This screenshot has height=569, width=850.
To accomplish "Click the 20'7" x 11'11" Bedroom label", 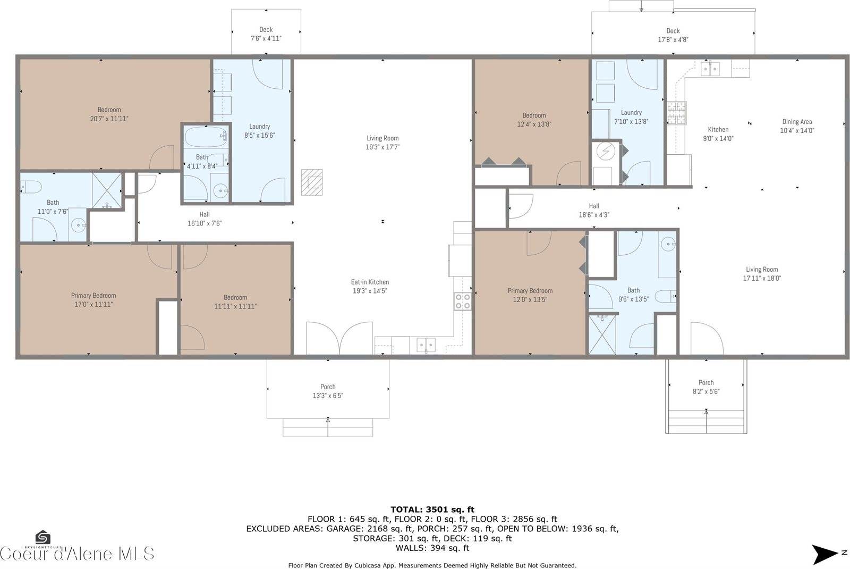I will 109,114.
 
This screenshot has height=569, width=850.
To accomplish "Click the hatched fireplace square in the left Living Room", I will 311,182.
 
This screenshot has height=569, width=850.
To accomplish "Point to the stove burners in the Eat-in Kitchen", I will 463,302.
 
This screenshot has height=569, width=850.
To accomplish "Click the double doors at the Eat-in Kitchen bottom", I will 339,338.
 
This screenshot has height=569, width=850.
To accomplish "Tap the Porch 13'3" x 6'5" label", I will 328,391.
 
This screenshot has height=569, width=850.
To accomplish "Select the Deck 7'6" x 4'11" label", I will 266,34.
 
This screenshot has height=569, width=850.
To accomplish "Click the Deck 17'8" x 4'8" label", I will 673,35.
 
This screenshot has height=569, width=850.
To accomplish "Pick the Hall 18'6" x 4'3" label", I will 594,211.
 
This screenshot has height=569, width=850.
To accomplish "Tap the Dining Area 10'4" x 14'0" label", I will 797,126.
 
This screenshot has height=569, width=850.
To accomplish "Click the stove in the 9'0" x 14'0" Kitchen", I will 677,113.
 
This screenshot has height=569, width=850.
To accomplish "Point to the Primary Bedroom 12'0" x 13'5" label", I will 530,295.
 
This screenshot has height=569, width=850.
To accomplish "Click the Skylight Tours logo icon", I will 42,537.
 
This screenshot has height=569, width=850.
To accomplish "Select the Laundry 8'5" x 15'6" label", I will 259,131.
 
